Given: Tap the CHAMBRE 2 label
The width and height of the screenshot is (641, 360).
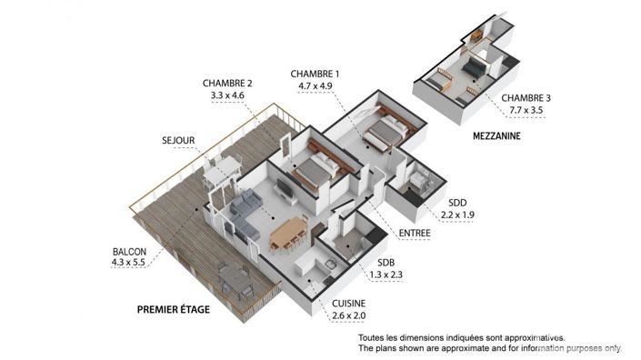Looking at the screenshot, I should point(227,82).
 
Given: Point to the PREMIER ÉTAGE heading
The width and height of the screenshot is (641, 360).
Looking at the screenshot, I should point(173,310).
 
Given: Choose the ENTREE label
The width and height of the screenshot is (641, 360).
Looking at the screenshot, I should point(415,234).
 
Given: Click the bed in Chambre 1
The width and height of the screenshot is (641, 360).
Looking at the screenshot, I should point(383,135).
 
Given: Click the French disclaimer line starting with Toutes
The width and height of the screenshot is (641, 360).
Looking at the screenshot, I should point(460,337).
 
